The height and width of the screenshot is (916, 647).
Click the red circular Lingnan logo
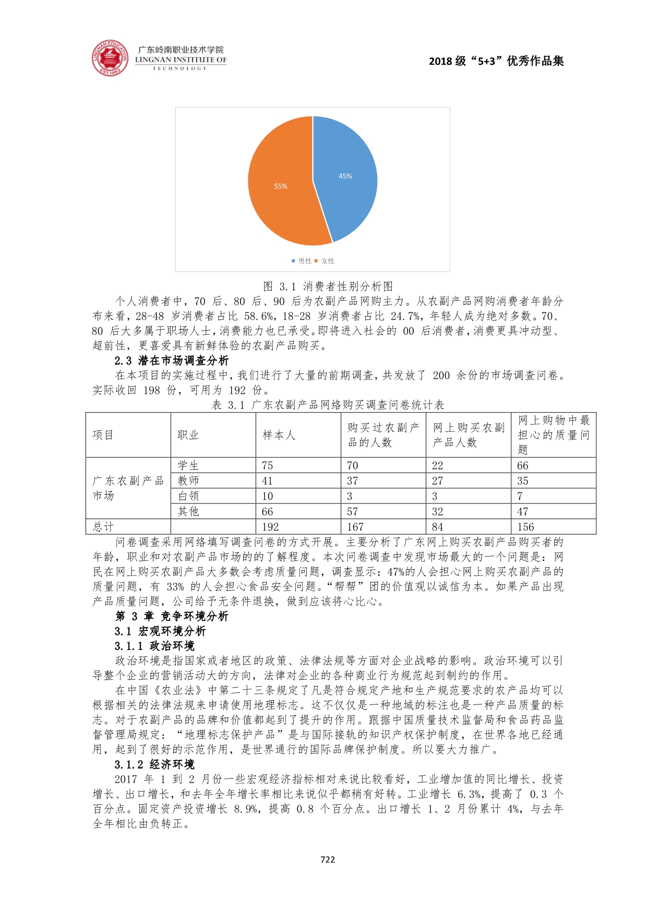tap(110, 57)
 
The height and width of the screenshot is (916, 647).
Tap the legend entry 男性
tap(302, 261)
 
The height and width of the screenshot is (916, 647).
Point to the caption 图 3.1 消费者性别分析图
tap(328, 286)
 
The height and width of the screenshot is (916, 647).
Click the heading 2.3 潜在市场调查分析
tap(172, 360)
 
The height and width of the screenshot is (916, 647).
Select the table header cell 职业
tap(188, 435)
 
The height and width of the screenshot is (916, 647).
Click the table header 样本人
tap(279, 435)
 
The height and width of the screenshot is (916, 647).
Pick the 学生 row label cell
tap(188, 465)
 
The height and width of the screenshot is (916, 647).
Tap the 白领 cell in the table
tap(188, 496)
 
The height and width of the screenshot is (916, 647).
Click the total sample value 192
tap(270, 527)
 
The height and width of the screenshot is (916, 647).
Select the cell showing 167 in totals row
tap(355, 527)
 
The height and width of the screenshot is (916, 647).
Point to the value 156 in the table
tap(526, 527)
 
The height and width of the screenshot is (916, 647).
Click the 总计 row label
tap(103, 527)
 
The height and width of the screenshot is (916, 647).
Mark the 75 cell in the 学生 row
tap(268, 465)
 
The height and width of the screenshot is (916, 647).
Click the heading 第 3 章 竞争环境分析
tap(172, 616)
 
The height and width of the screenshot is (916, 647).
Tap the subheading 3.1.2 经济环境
tap(154, 765)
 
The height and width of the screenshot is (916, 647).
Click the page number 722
tap(328, 860)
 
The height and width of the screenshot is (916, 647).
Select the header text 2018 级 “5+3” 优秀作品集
tap(496, 61)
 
